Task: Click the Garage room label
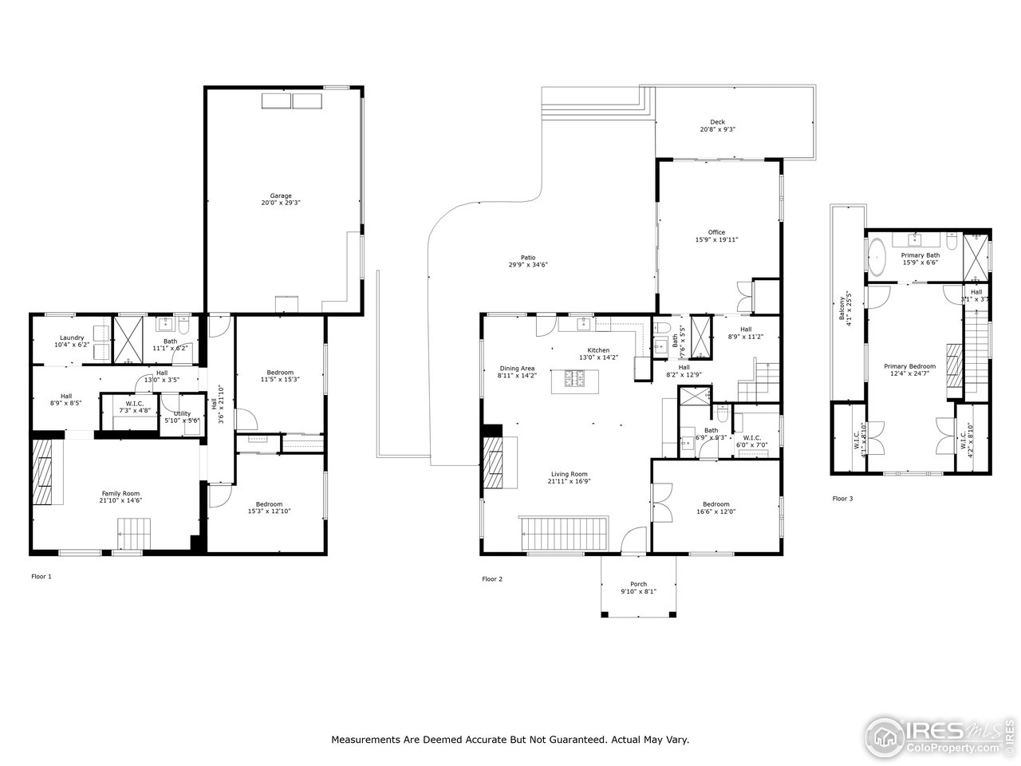[x=280, y=195]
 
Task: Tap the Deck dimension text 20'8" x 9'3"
[x=718, y=129]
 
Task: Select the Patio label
[x=528, y=257]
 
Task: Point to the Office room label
[x=716, y=232]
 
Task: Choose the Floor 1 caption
[x=41, y=575]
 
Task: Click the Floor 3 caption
[x=842, y=499]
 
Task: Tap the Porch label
[x=638, y=584]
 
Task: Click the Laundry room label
[x=72, y=338]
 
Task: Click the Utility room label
[x=183, y=413]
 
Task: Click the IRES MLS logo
[x=941, y=735]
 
